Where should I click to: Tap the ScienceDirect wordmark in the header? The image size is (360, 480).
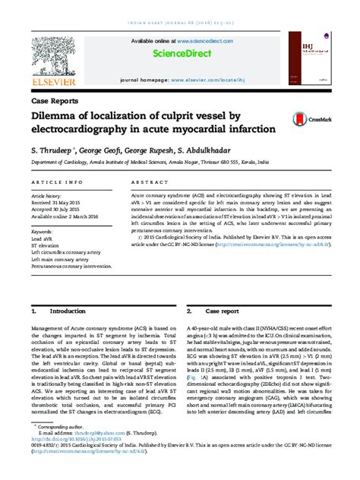click(180, 54)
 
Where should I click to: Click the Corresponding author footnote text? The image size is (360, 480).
click(61, 427)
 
